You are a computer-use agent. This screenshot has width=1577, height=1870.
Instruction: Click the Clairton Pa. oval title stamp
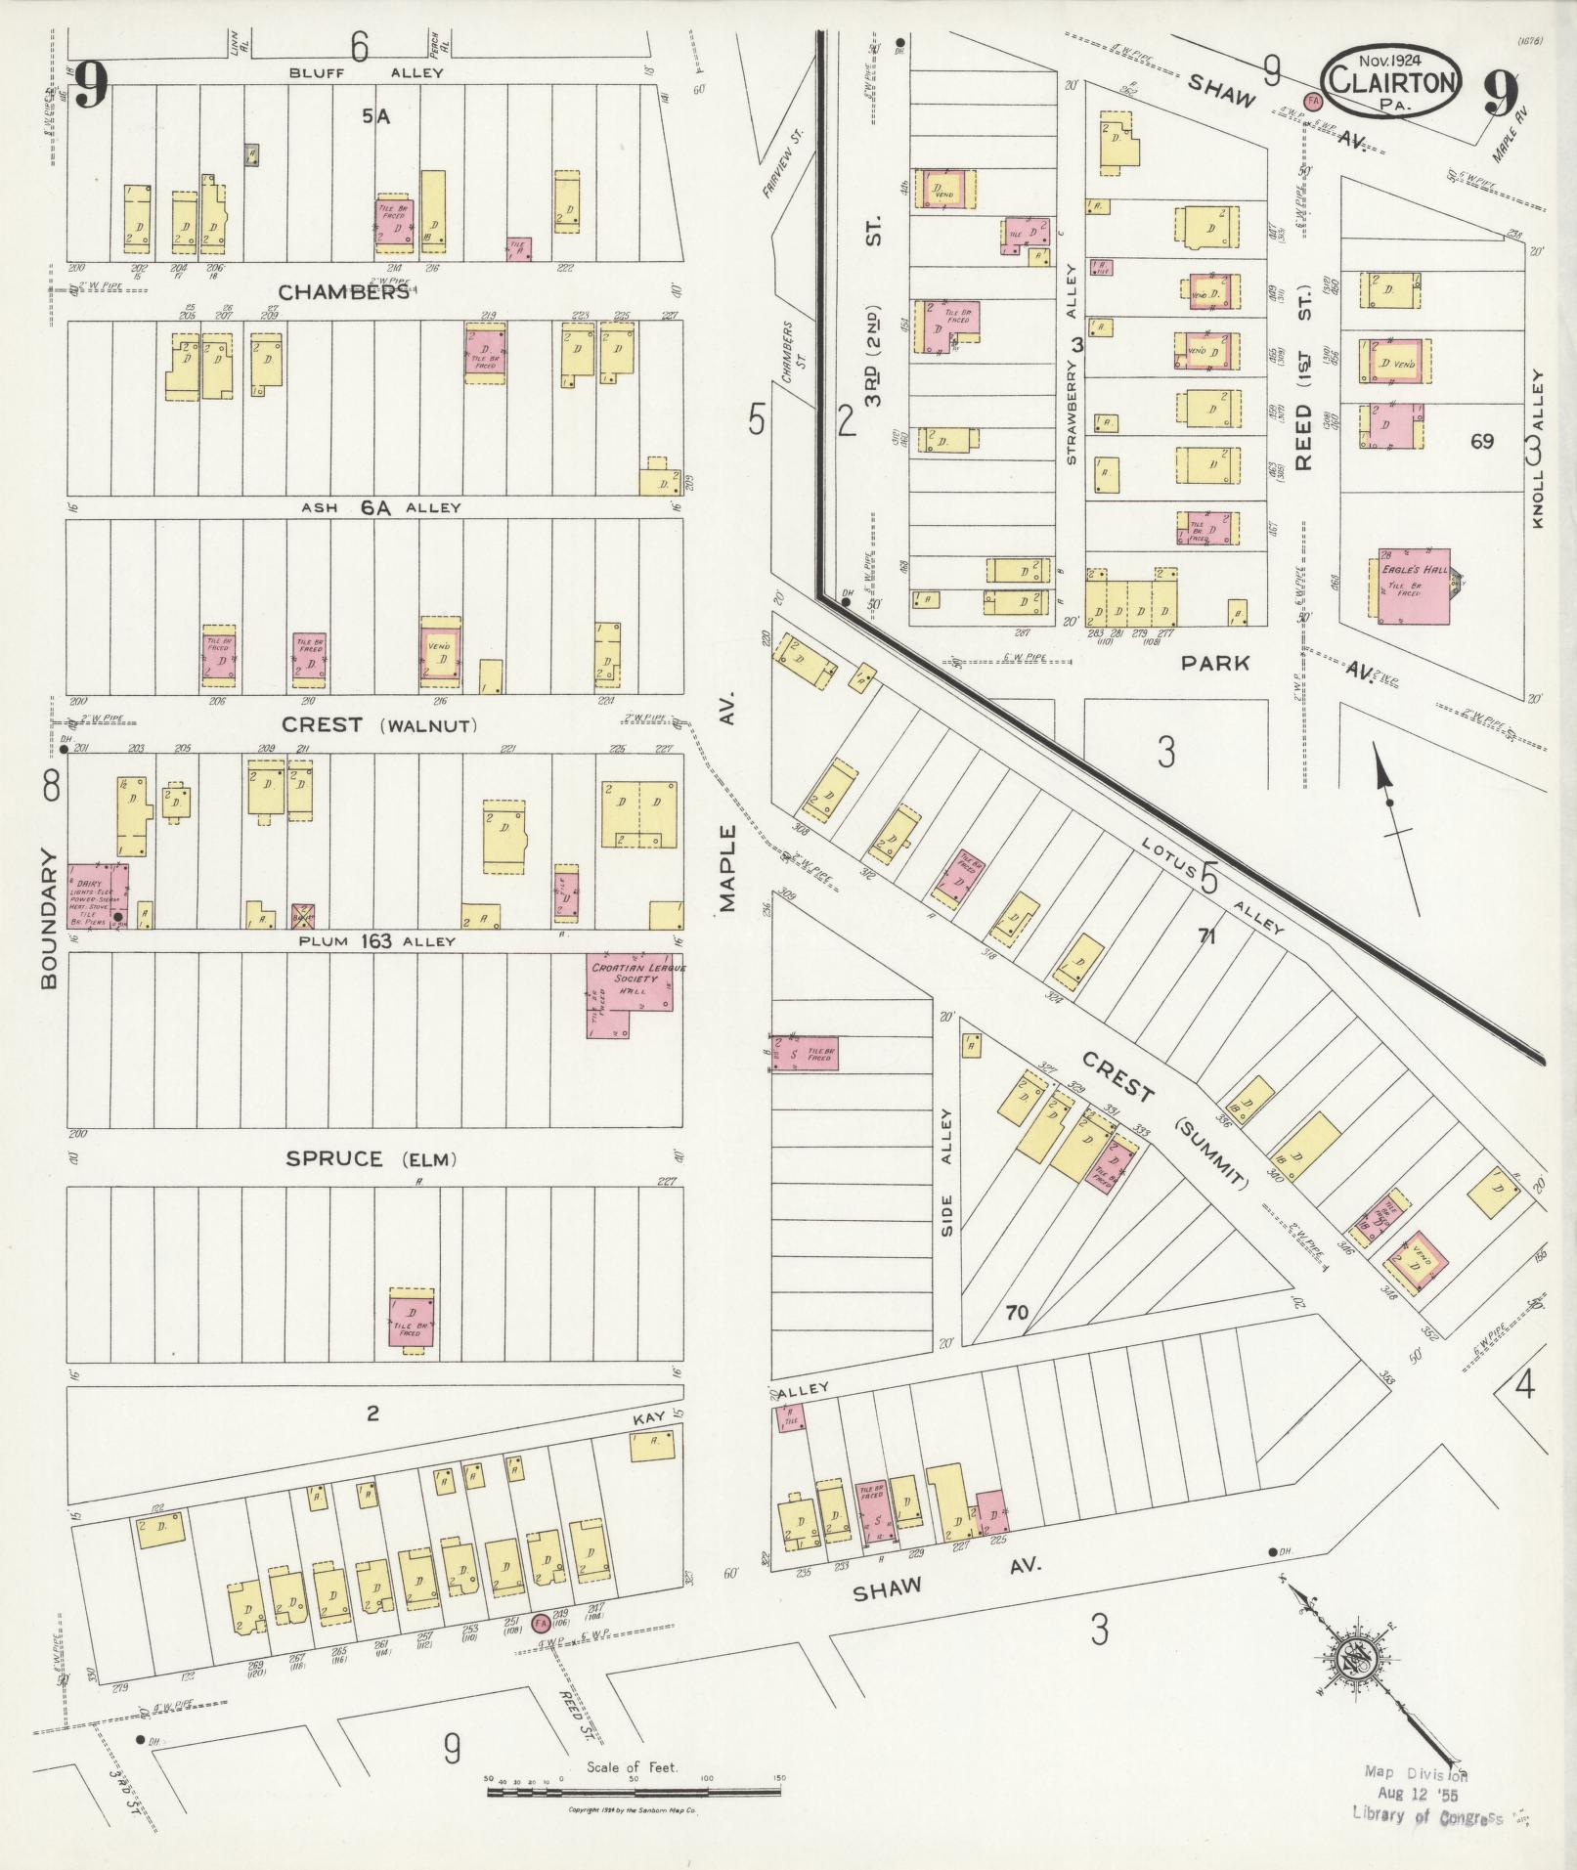coord(1392,81)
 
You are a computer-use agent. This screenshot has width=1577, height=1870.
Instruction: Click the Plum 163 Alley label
coord(376,941)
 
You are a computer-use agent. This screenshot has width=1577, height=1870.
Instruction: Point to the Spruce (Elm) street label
coord(372,1159)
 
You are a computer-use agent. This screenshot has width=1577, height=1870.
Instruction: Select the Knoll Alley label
coord(1536,450)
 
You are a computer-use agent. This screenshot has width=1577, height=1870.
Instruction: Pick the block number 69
coord(1482,441)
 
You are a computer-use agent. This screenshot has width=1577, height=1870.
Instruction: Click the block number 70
coord(1017,1312)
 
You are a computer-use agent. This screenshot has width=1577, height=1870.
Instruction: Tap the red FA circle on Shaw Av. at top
coord(1313,101)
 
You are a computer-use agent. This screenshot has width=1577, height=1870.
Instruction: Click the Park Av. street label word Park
coord(1214,663)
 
